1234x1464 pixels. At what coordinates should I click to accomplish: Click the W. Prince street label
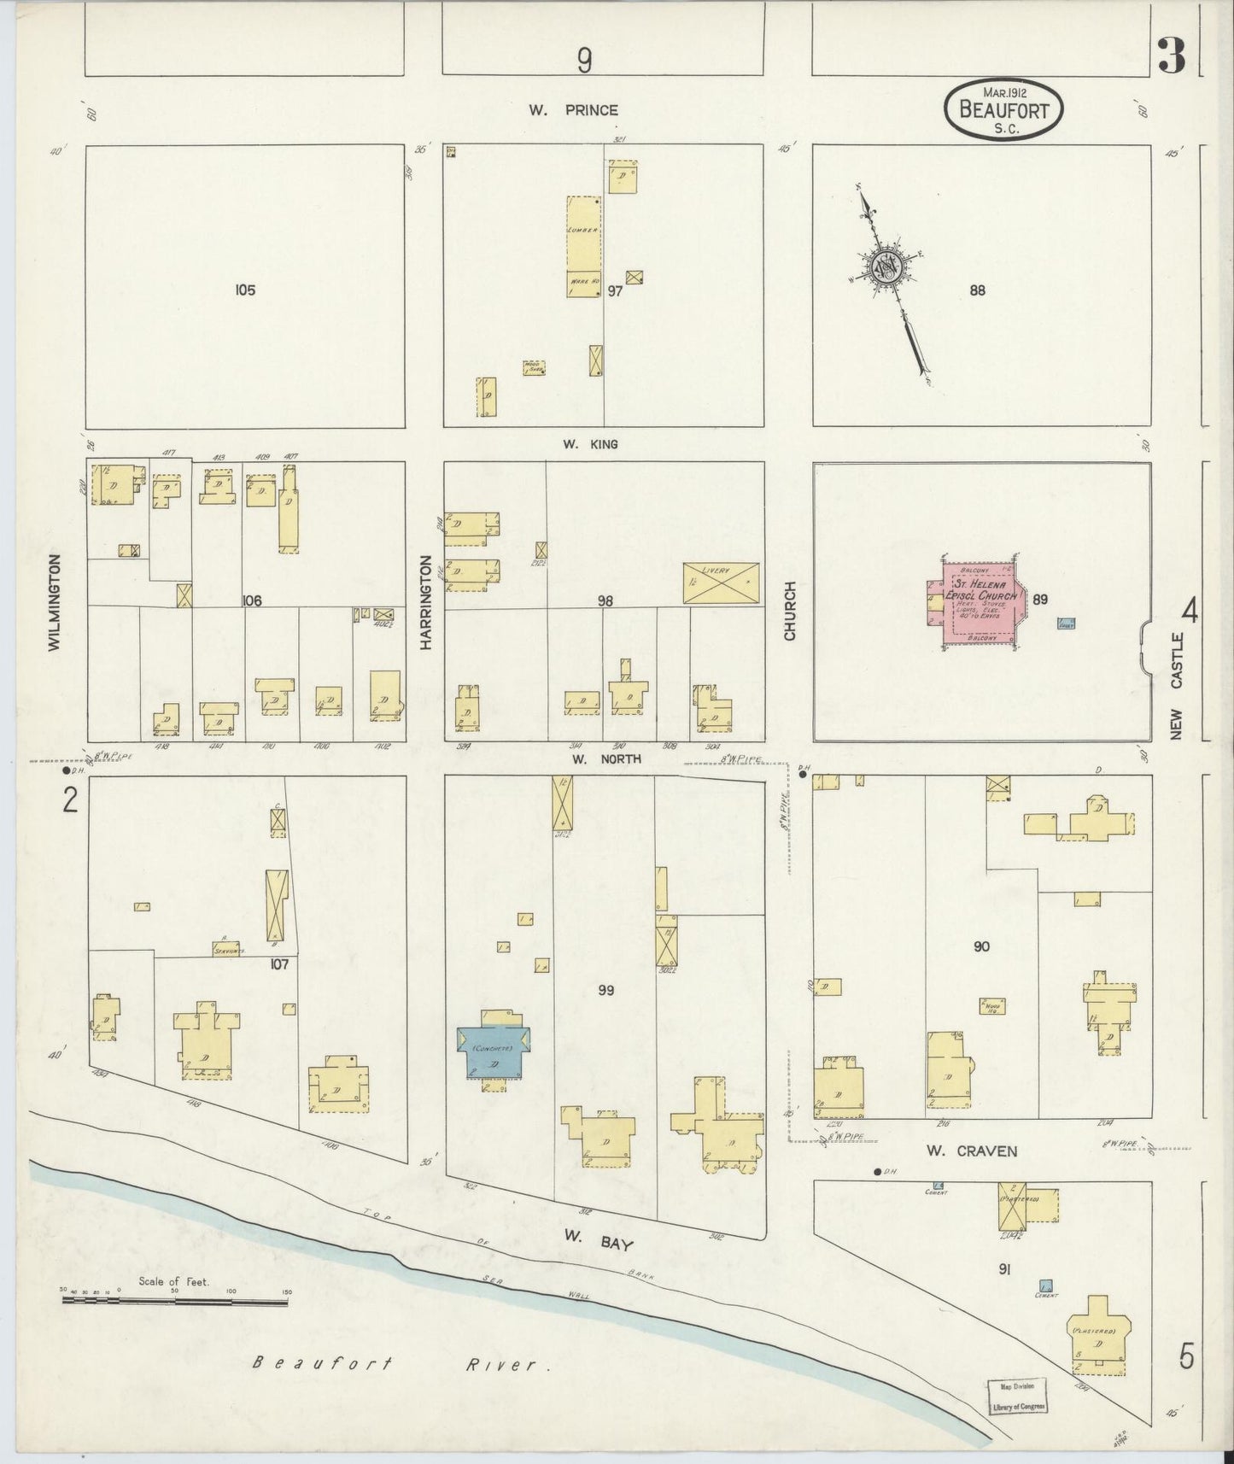tap(584, 110)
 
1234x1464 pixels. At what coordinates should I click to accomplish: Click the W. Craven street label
tap(972, 1151)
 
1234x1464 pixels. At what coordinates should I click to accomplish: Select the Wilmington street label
tap(55, 602)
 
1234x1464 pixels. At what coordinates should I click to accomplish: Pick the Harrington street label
tap(425, 602)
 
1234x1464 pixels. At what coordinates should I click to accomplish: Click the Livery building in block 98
tap(721, 583)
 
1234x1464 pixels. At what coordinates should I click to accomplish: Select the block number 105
tap(244, 290)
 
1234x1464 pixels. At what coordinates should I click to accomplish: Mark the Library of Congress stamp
tap(1016, 1397)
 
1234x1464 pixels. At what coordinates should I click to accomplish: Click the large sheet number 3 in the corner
tap(1171, 57)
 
